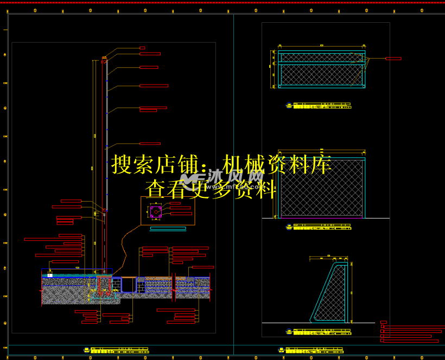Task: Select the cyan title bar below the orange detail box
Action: coord(168,228)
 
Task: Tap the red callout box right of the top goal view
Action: coord(393,59)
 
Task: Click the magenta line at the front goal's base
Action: coord(321,218)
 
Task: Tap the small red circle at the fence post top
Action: coord(103,62)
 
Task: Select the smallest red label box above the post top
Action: coord(142,48)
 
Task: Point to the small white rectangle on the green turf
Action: coord(50,275)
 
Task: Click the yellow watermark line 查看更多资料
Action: coord(211,189)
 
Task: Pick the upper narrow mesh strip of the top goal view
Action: coord(321,58)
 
